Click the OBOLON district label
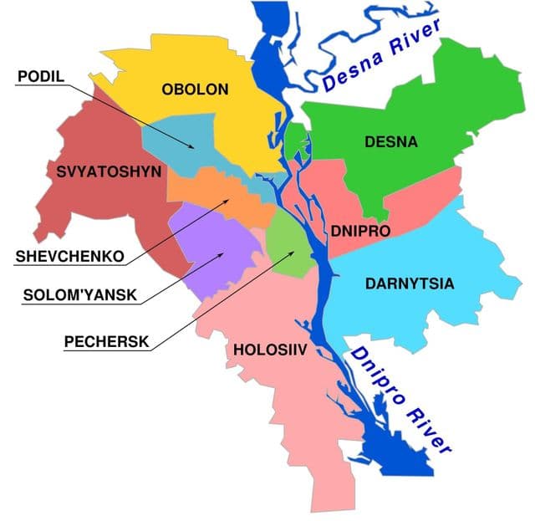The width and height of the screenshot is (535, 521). [x=195, y=89]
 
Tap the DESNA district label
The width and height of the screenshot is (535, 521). [x=390, y=142]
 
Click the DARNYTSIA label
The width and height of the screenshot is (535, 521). [x=410, y=283]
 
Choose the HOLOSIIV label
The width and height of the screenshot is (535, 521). [x=267, y=351]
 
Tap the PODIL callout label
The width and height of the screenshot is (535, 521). [x=41, y=76]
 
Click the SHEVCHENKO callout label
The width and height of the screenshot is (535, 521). [x=69, y=255]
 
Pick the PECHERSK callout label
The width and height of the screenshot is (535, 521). [x=107, y=340]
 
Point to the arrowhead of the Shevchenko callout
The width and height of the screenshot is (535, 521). [x=227, y=201]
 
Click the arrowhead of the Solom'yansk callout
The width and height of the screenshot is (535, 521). [x=225, y=252]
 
